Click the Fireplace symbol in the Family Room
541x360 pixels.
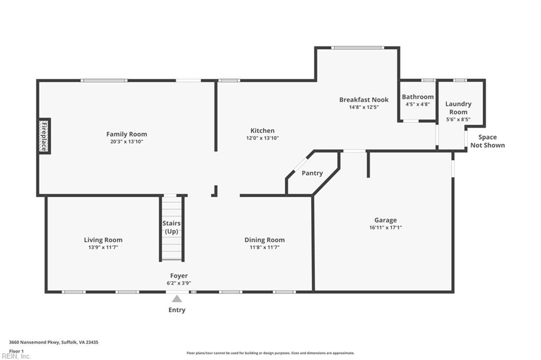pyautogui.click(x=44, y=136)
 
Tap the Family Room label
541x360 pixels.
pyautogui.click(x=126, y=134)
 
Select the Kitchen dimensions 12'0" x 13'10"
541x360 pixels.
pyautogui.click(x=262, y=138)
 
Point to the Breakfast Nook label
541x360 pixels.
pyautogui.click(x=363, y=99)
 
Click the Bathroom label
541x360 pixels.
pyautogui.click(x=417, y=97)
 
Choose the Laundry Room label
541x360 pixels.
pyautogui.click(x=458, y=108)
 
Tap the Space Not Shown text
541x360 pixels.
pyautogui.click(x=487, y=141)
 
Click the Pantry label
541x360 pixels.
pyautogui.click(x=312, y=173)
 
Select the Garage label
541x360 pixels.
pyautogui.click(x=385, y=220)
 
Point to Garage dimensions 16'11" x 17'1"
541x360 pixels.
pyautogui.click(x=385, y=228)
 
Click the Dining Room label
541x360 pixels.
pyautogui.click(x=264, y=240)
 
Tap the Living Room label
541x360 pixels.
pyautogui.click(x=103, y=240)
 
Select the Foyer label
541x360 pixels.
pyautogui.click(x=179, y=275)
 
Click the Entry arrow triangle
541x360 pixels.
pyautogui.click(x=177, y=299)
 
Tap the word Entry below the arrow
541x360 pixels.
pyautogui.click(x=177, y=310)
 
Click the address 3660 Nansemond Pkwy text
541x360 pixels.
pyautogui.click(x=53, y=342)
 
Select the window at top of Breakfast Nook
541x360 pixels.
pyautogui.click(x=357, y=48)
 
